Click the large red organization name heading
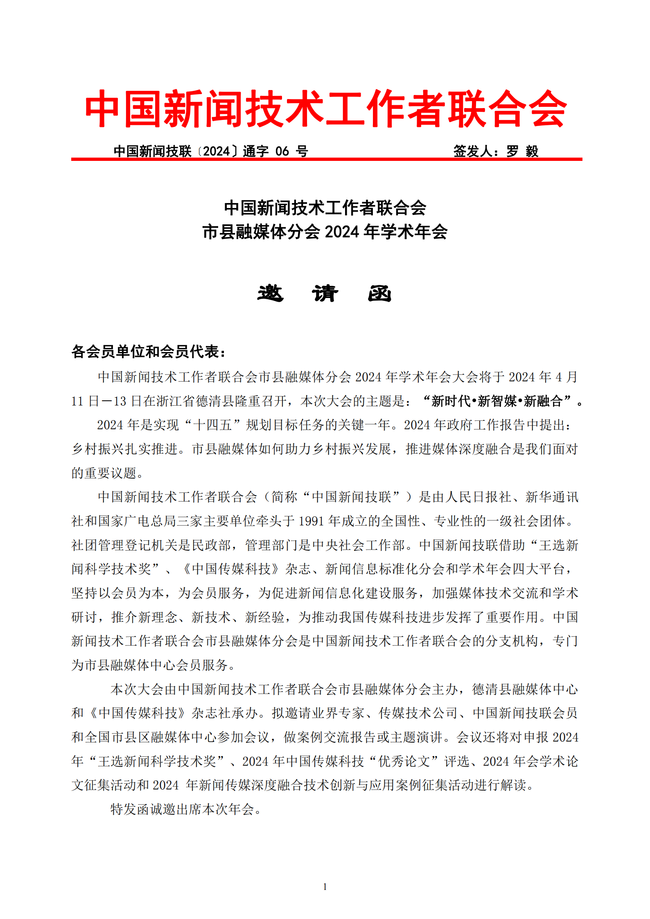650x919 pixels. (325, 109)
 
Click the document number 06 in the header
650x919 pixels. (282, 151)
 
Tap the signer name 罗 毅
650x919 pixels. (522, 151)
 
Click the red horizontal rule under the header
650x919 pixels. (326, 159)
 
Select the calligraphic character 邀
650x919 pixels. (270, 294)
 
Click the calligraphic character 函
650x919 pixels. (379, 294)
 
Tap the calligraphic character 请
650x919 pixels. (325, 294)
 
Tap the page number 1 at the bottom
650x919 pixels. (325, 887)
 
